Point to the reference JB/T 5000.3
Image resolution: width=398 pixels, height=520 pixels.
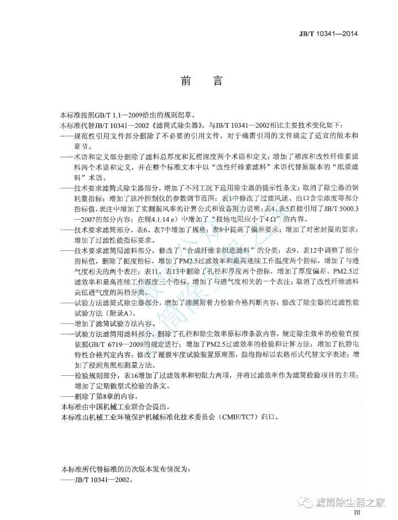pos(332,210)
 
